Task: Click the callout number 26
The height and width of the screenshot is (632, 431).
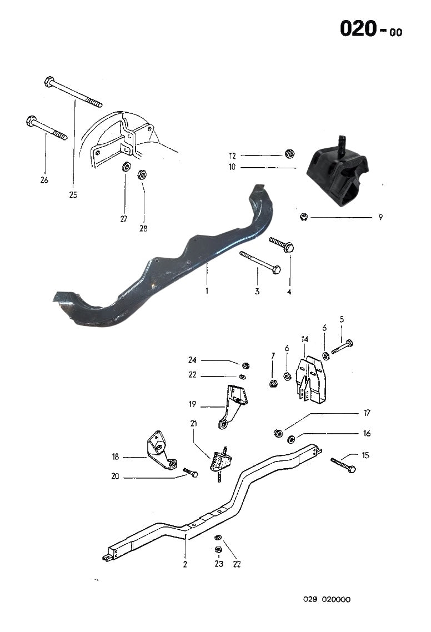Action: pos(44,179)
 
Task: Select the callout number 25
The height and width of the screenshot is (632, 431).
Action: pos(73,194)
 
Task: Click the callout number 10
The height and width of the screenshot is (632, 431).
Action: pos(232,166)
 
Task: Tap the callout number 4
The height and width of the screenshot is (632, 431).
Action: pos(289,291)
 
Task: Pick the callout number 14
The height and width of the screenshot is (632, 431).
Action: pos(305,339)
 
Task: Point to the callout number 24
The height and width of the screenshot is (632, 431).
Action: pos(192,359)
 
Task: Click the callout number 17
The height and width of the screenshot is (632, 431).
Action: pos(367,413)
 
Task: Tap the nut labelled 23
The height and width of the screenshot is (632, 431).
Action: pos(218,549)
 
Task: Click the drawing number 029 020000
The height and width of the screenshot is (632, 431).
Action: pos(327,599)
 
